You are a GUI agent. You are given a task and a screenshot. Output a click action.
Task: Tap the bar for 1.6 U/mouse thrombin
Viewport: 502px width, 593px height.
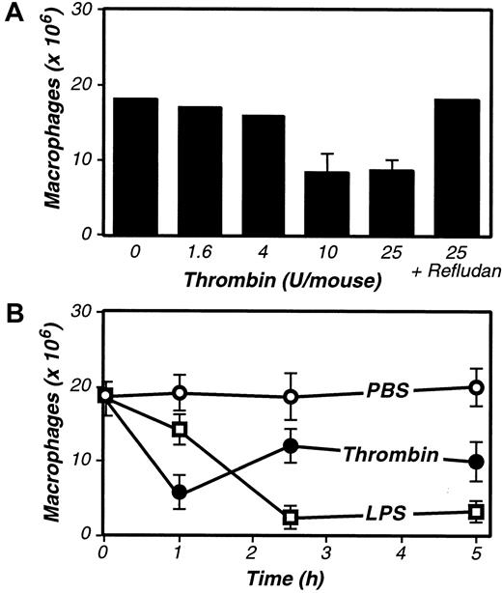200,170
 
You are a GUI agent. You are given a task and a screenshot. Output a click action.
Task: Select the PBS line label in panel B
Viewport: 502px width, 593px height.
387,395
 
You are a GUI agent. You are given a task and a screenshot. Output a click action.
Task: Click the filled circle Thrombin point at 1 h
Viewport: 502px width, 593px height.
180,492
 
